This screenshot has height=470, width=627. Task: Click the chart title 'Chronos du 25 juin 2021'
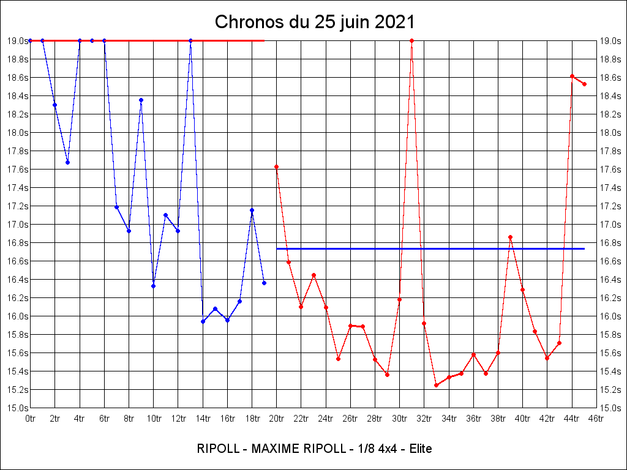click(315, 22)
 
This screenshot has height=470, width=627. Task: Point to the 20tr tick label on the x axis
click(276, 419)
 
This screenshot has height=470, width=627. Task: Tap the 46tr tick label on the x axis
click(596, 419)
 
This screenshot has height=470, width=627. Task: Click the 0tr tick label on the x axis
click(30, 419)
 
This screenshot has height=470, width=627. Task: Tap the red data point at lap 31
click(411, 40)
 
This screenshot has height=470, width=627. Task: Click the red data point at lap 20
click(276, 166)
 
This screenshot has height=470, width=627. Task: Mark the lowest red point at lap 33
click(436, 385)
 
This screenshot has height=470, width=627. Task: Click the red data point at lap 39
click(510, 237)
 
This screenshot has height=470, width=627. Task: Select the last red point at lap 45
click(584, 84)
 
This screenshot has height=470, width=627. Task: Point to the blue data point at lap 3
click(67, 162)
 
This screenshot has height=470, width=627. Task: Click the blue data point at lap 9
click(141, 100)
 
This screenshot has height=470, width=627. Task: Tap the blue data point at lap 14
click(203, 321)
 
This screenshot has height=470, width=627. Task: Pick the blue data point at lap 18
click(252, 210)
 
